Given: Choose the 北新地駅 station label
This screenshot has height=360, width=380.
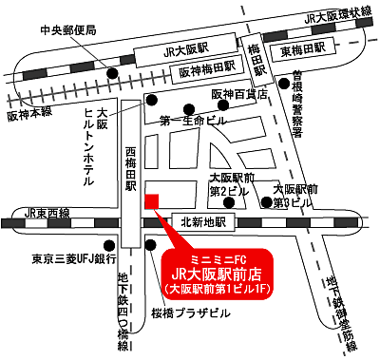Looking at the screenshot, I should point(201,222).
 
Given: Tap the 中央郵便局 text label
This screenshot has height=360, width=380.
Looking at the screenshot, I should point(67,30).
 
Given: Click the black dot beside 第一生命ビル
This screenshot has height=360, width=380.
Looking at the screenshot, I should point(190,108).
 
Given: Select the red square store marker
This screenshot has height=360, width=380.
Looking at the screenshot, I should point(151,199).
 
